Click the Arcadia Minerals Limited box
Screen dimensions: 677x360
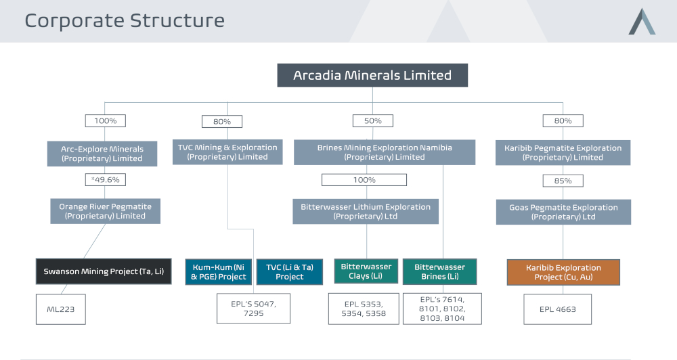pos(372,76)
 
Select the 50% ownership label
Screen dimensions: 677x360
pos(372,121)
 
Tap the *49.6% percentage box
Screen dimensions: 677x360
pos(106,179)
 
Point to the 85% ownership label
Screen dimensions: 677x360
pos(563,181)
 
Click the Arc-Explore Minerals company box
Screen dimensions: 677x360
pos(102,154)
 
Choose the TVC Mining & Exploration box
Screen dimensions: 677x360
pos(227,152)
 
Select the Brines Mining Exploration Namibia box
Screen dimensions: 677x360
pos(385,152)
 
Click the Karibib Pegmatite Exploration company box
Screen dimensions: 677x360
pos(563,153)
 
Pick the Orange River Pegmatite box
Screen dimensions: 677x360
pos(106,211)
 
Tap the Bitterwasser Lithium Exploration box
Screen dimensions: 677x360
pos(366,212)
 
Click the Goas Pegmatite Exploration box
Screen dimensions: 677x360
pos(563,212)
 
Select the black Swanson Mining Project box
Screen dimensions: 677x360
pos(104,271)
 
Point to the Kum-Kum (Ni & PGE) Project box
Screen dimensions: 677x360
pos(219,272)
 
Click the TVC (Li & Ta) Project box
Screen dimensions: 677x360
pos(290,272)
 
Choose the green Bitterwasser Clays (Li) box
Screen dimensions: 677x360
pos(366,271)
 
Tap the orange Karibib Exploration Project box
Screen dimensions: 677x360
pos(563,273)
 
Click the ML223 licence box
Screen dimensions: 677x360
pos(61,309)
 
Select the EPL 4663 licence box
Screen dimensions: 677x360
pos(557,309)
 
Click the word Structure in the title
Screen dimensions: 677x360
pos(177,21)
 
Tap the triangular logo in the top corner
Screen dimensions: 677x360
pos(642,22)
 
